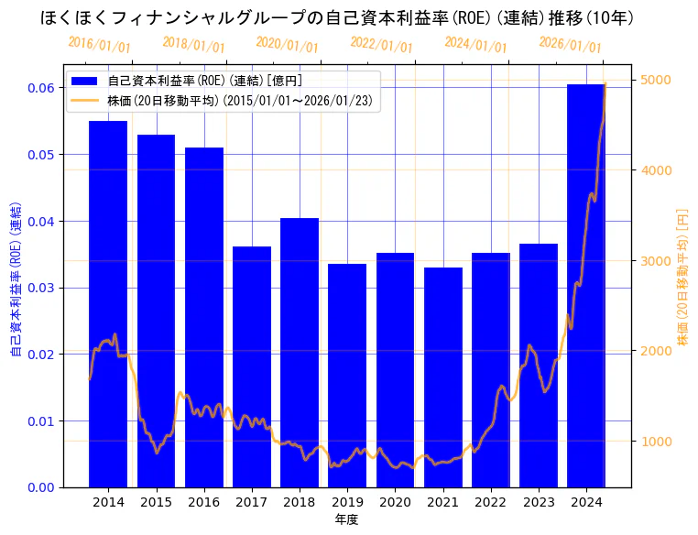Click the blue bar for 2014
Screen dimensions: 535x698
[x=108, y=302]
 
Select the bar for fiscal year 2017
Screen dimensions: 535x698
[x=252, y=366]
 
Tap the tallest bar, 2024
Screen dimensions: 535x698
[x=586, y=284]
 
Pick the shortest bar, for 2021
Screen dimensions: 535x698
[x=443, y=377]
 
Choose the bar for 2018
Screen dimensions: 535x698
[x=300, y=352]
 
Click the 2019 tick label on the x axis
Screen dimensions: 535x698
[x=347, y=503]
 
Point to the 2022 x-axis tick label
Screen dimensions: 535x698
[x=491, y=503]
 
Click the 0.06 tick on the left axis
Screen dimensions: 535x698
[x=39, y=88]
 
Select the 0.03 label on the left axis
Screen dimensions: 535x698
[x=39, y=288]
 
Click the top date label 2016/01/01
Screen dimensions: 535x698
[x=99, y=44]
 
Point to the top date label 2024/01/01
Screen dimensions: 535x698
[x=475, y=44]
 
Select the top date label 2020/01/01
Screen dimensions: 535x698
[x=288, y=44]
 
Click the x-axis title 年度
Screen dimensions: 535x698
[x=346, y=520]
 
